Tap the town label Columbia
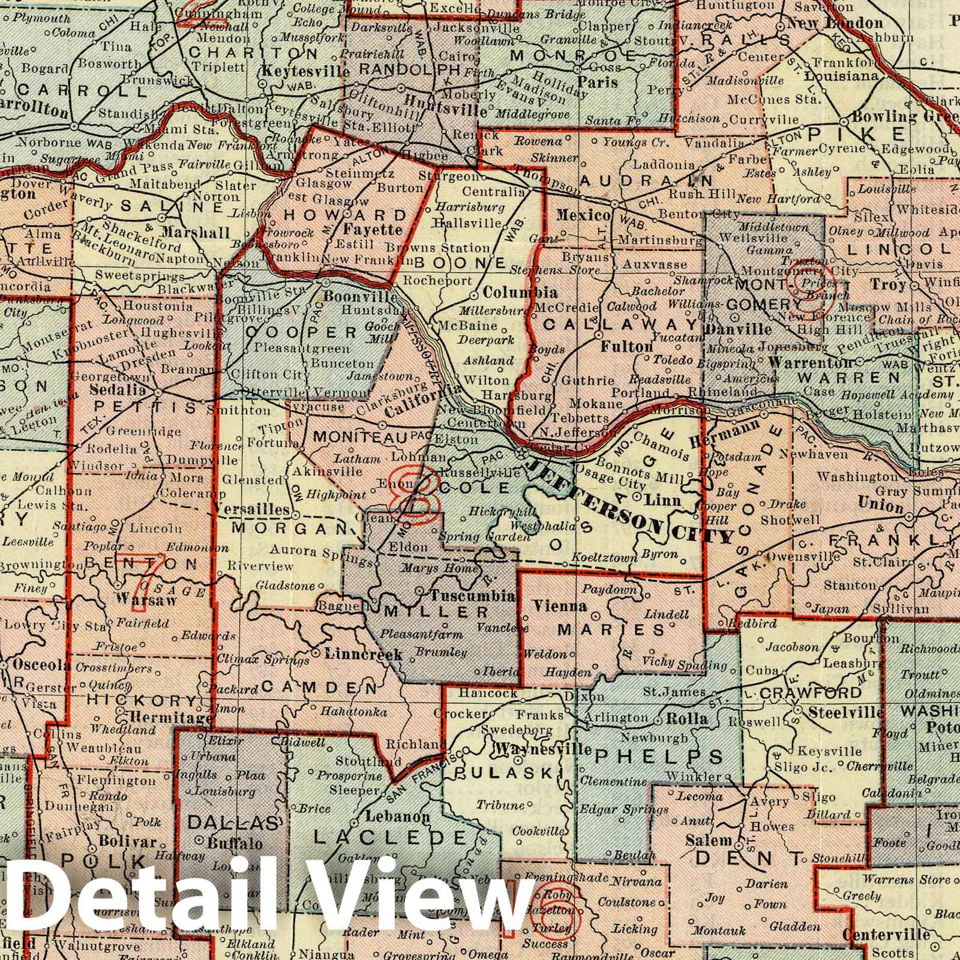(520, 293)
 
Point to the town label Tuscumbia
(473, 596)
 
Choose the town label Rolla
(692, 719)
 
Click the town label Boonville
(360, 297)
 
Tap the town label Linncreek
(363, 655)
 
